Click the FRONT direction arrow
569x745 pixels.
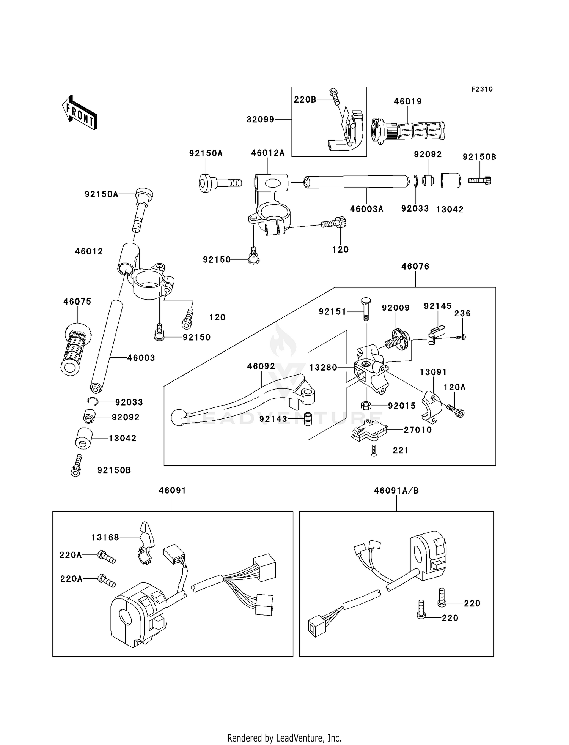click(x=80, y=112)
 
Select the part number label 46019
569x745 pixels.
click(x=408, y=101)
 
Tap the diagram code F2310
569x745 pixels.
click(x=482, y=89)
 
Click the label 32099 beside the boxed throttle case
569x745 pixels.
click(x=260, y=119)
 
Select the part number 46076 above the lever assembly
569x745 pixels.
click(x=415, y=267)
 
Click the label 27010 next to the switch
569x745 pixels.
click(x=418, y=430)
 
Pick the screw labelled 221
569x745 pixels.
click(x=374, y=450)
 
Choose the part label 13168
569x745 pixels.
click(x=105, y=537)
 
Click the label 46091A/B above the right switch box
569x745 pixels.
click(x=396, y=491)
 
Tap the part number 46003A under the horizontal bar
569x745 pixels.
click(x=366, y=209)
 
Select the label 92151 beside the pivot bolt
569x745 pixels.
click(x=333, y=312)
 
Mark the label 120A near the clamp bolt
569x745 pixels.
click(x=454, y=387)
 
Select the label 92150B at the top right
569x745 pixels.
click(x=479, y=157)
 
